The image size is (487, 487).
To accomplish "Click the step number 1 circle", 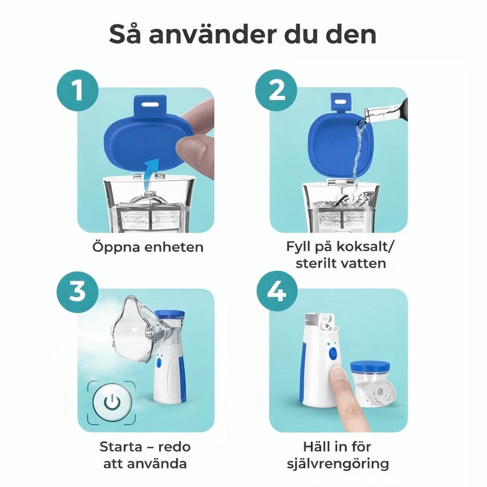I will point(77,90).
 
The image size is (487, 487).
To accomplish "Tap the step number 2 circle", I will point(277,90).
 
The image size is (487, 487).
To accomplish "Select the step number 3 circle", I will point(77,291).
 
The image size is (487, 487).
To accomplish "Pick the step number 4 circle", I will point(277,291).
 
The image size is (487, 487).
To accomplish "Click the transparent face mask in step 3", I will point(132,330).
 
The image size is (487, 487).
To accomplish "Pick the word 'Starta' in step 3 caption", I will point(121,447).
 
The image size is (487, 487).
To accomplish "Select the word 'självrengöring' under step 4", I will point(338,464).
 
